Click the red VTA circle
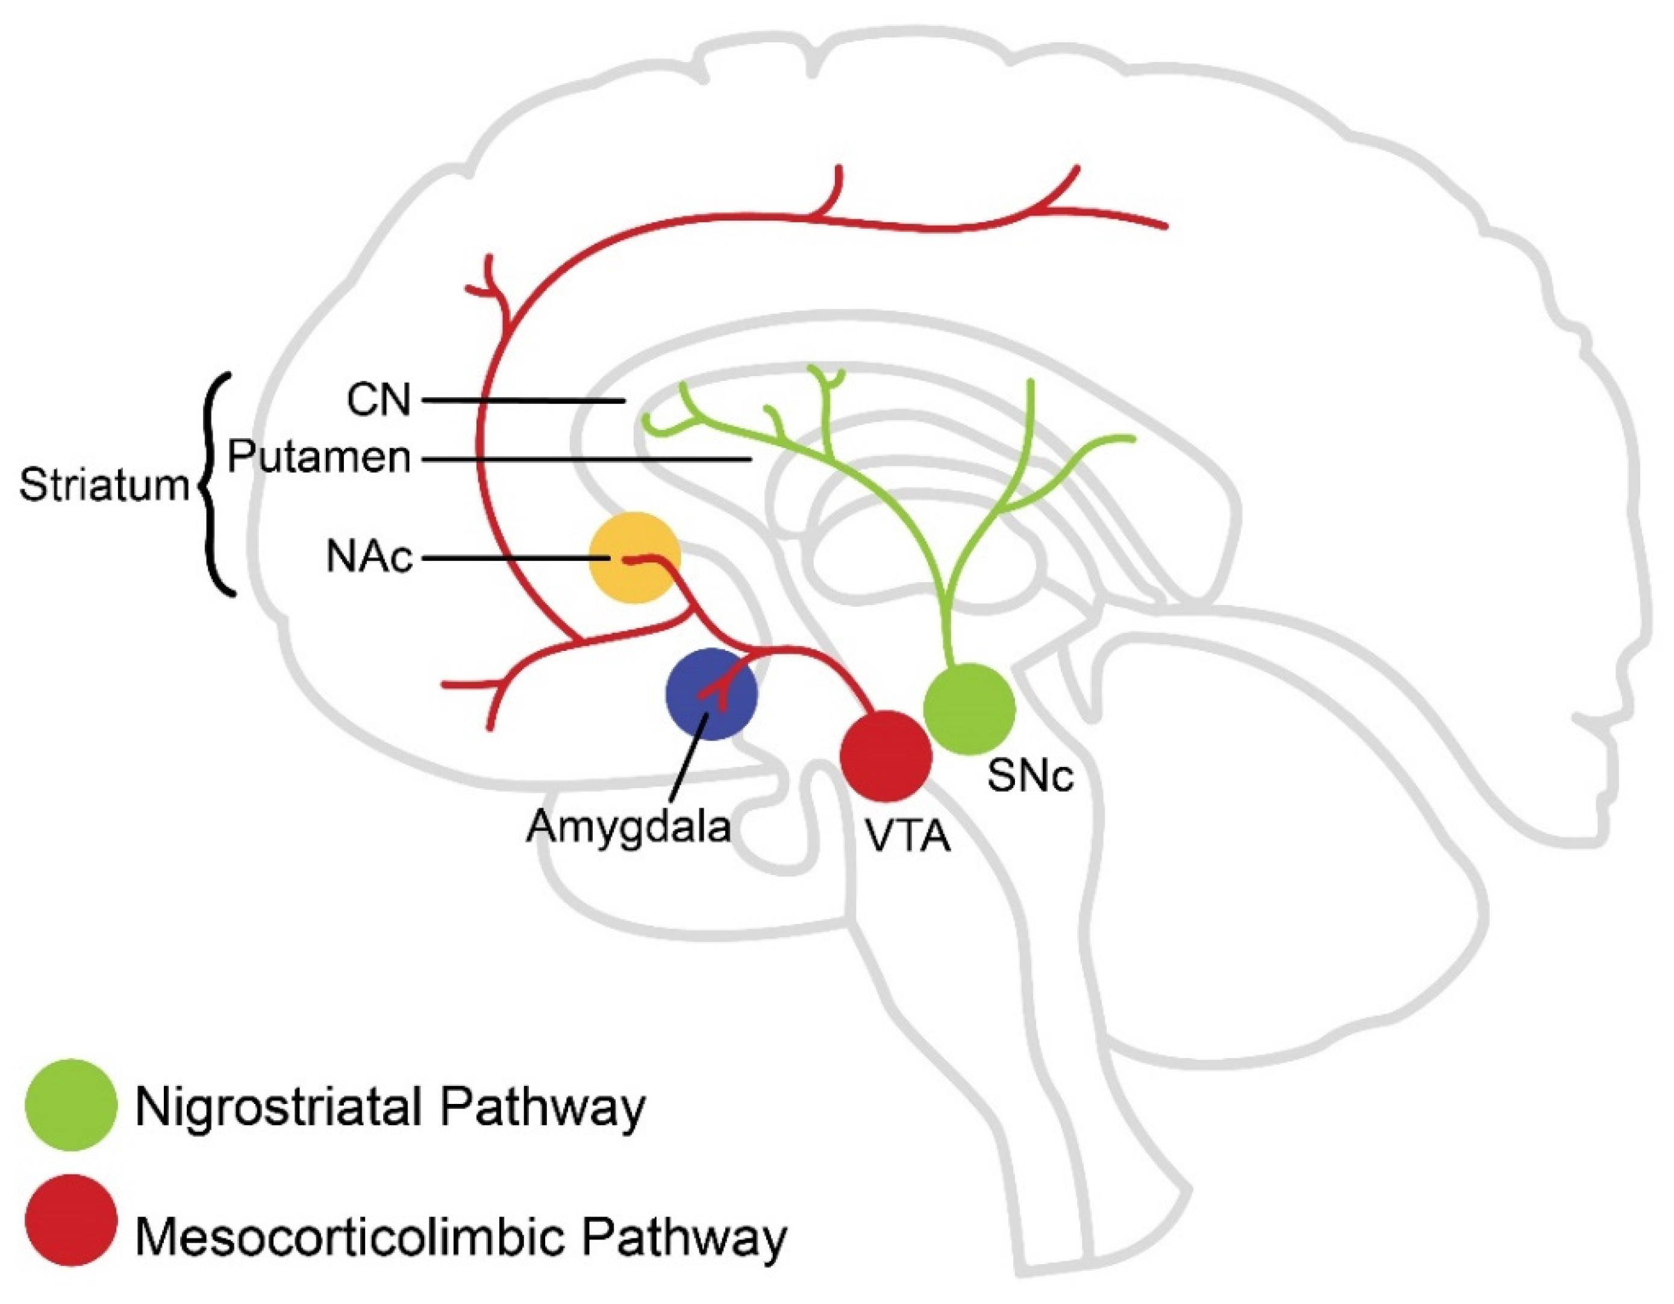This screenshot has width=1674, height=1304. (886, 755)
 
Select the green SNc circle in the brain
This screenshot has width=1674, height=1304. (970, 709)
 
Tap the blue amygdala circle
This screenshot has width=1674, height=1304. (711, 694)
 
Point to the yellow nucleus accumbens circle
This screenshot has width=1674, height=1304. (635, 558)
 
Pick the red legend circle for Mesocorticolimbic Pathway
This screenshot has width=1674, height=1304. (71, 1220)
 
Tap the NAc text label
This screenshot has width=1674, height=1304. (369, 557)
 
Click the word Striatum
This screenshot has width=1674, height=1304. (104, 485)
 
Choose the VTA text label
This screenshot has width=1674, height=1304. (908, 836)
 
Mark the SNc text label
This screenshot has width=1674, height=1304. (1030, 776)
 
